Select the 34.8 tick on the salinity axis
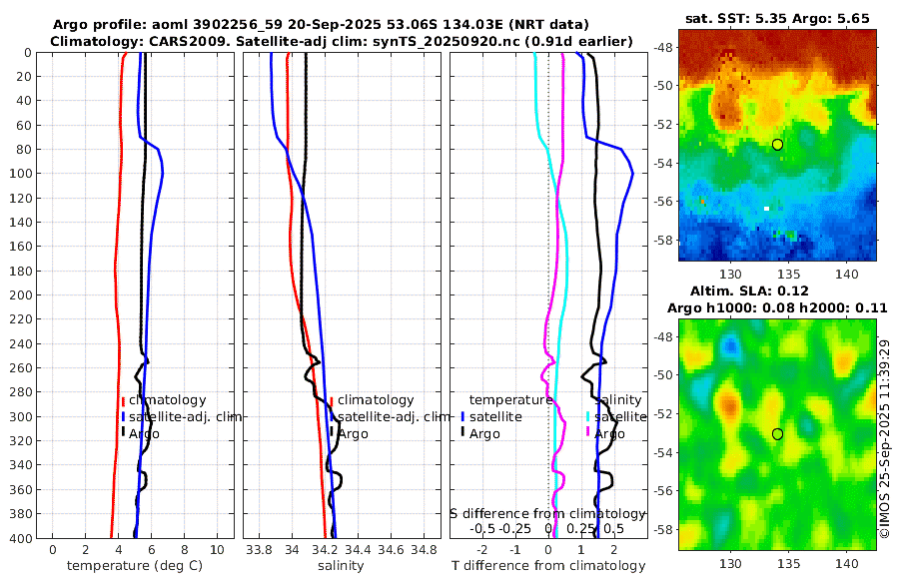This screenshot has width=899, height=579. [424, 549]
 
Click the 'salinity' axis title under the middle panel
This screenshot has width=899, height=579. [341, 566]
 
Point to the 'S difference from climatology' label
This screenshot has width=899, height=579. [548, 513]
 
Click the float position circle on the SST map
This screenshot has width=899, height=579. [777, 145]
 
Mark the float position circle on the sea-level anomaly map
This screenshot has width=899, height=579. [777, 433]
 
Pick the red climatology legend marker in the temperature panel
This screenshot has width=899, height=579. [123, 400]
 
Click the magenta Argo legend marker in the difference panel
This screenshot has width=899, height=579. [586, 432]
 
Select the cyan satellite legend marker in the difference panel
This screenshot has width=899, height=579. [586, 416]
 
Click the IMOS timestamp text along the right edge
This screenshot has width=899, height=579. [884, 436]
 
